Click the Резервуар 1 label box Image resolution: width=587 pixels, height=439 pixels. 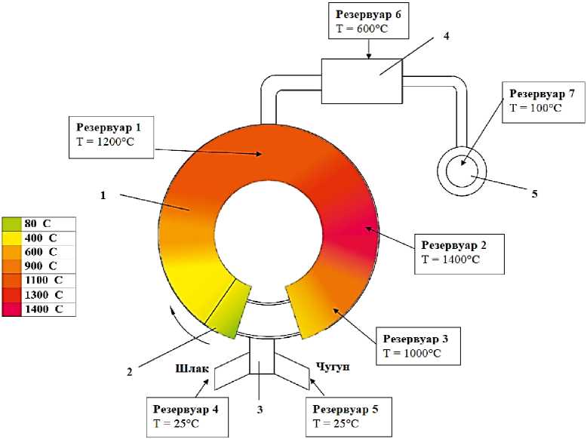pyautogui.click(x=112, y=136)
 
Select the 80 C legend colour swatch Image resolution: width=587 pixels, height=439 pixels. pyautogui.click(x=14, y=223)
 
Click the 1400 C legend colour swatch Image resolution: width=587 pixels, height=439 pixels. pyautogui.click(x=14, y=309)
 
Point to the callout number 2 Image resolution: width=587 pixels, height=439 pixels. pyautogui.click(x=129, y=370)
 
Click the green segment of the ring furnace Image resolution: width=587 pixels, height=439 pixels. pyautogui.click(x=229, y=313)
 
